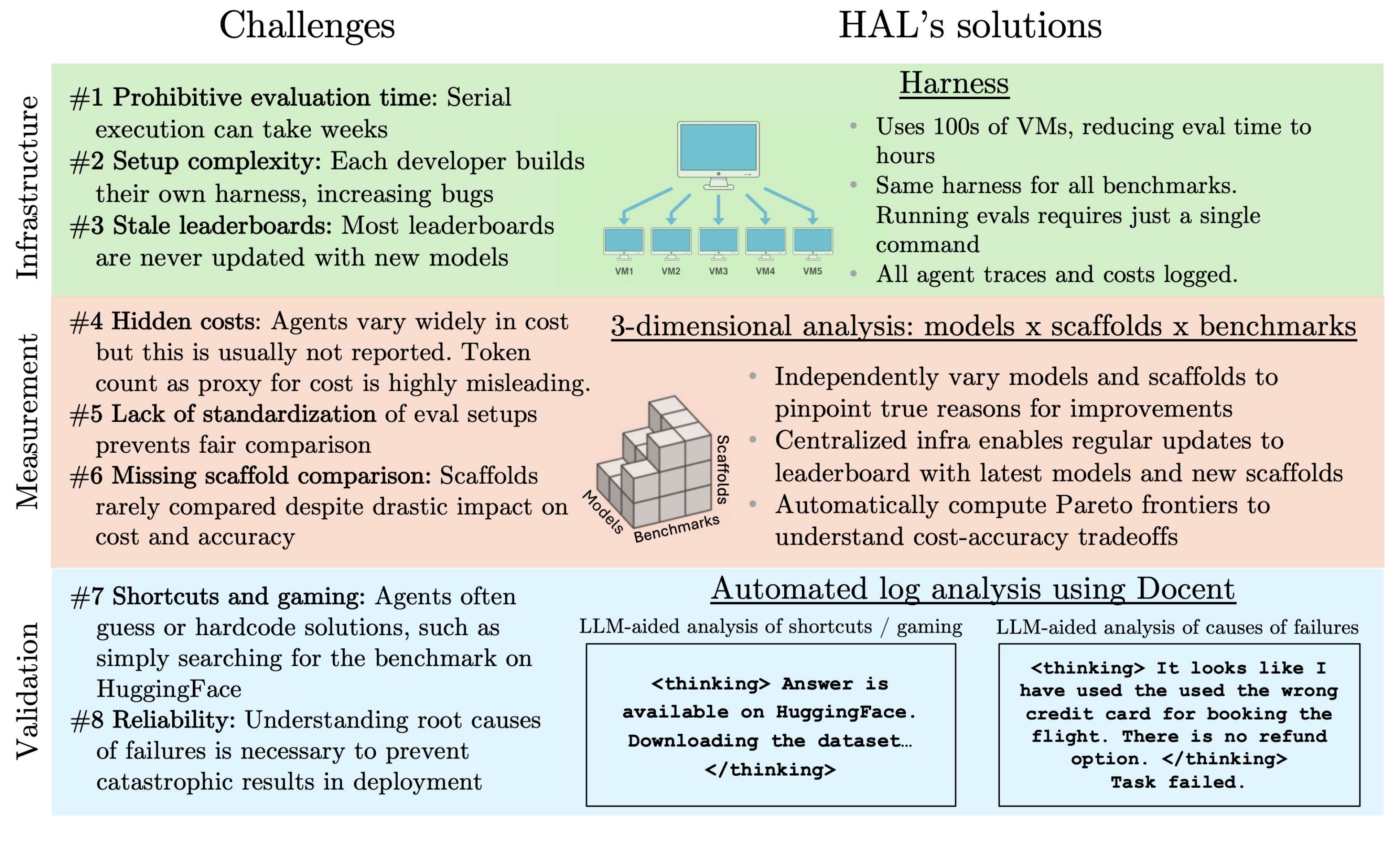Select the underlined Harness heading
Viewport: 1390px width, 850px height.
(x=953, y=83)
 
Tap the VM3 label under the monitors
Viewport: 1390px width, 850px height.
(x=718, y=271)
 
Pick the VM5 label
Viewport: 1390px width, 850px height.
(x=812, y=271)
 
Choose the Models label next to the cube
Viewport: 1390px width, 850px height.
(x=603, y=512)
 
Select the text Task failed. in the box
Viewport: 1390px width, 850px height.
(x=1177, y=782)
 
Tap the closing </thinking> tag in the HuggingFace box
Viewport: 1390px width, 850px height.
(x=770, y=769)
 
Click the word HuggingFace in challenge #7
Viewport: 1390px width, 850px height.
(x=169, y=689)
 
